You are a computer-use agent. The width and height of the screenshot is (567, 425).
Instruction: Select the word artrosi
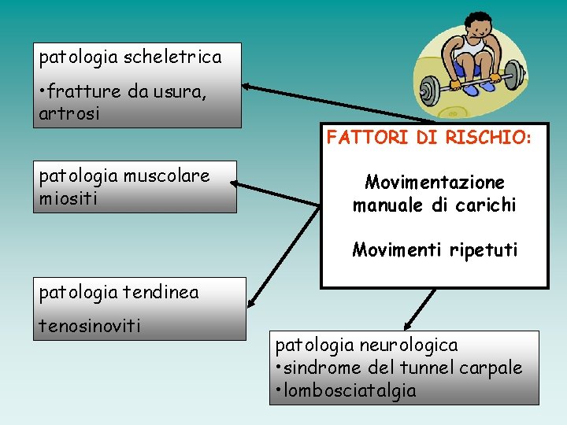[69, 114]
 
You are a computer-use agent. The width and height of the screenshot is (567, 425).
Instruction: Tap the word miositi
[68, 198]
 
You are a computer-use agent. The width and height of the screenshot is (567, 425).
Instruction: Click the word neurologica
[409, 345]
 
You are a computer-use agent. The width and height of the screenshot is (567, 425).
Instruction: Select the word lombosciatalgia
[350, 391]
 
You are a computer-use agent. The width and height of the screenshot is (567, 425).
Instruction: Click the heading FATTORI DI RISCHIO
[429, 139]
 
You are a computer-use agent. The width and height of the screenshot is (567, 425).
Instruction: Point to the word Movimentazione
[434, 183]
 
